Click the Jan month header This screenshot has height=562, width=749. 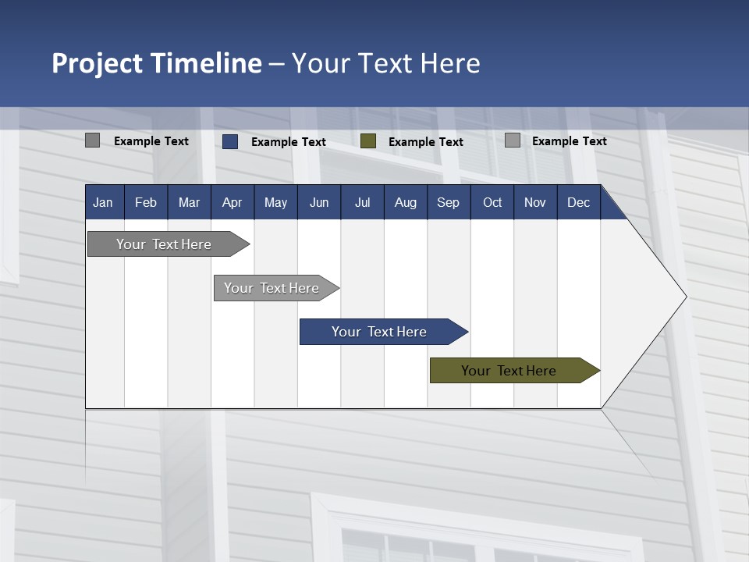[103, 203]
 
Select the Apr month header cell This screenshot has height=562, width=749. [232, 203]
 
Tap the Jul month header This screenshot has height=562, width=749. [362, 203]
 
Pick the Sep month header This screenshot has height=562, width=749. [448, 203]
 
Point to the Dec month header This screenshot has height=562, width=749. [578, 203]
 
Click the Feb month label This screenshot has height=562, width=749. [146, 203]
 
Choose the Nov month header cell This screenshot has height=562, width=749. [534, 203]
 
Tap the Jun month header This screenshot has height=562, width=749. [318, 203]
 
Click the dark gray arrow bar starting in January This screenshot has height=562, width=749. [164, 244]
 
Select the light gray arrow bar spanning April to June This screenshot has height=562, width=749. [272, 288]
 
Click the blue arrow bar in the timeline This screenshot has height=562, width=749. [379, 332]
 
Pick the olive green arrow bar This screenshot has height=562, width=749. [509, 371]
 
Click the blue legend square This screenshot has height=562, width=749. [230, 141]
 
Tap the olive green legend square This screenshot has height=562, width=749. [368, 141]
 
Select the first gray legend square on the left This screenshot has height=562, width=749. [92, 140]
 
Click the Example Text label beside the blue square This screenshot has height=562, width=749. [289, 142]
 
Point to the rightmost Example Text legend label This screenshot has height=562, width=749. [570, 141]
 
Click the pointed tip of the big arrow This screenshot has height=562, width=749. [684, 297]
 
